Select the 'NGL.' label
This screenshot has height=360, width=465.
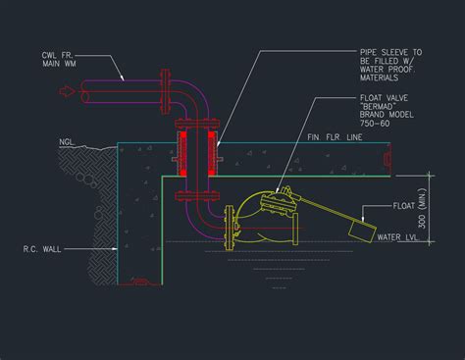[68, 142]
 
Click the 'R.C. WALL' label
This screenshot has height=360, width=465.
[45, 249]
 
